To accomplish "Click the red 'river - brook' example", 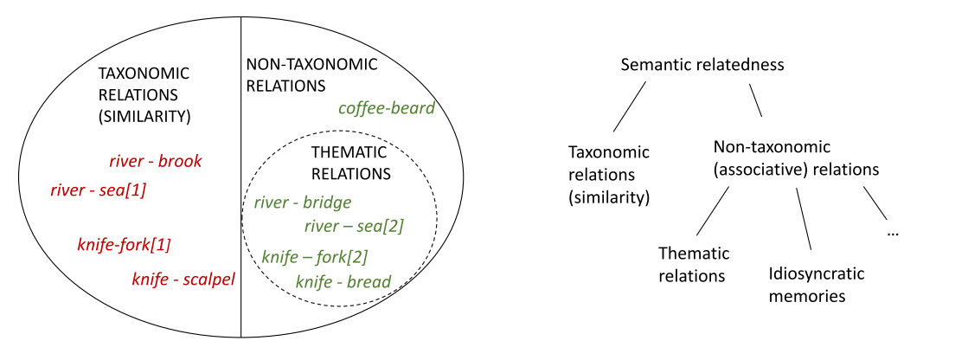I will point(156,161).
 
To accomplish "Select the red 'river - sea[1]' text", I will point(98,190).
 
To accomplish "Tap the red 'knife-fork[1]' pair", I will point(124,245).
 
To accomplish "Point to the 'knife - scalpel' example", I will point(183,280).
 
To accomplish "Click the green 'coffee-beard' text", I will point(386,108).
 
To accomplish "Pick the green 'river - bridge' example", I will point(303,203).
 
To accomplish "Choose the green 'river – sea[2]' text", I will point(354,227).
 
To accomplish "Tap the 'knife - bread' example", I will point(343,281).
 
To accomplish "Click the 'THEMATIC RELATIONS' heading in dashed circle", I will point(351,162).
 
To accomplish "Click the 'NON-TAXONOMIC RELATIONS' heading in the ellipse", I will point(311,75).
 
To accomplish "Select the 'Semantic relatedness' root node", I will point(702,65).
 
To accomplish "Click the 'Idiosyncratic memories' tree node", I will point(816,285).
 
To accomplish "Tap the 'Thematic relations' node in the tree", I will point(694,265).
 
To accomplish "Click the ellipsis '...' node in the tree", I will point(893,234).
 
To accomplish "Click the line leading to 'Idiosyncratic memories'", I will point(804,219).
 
